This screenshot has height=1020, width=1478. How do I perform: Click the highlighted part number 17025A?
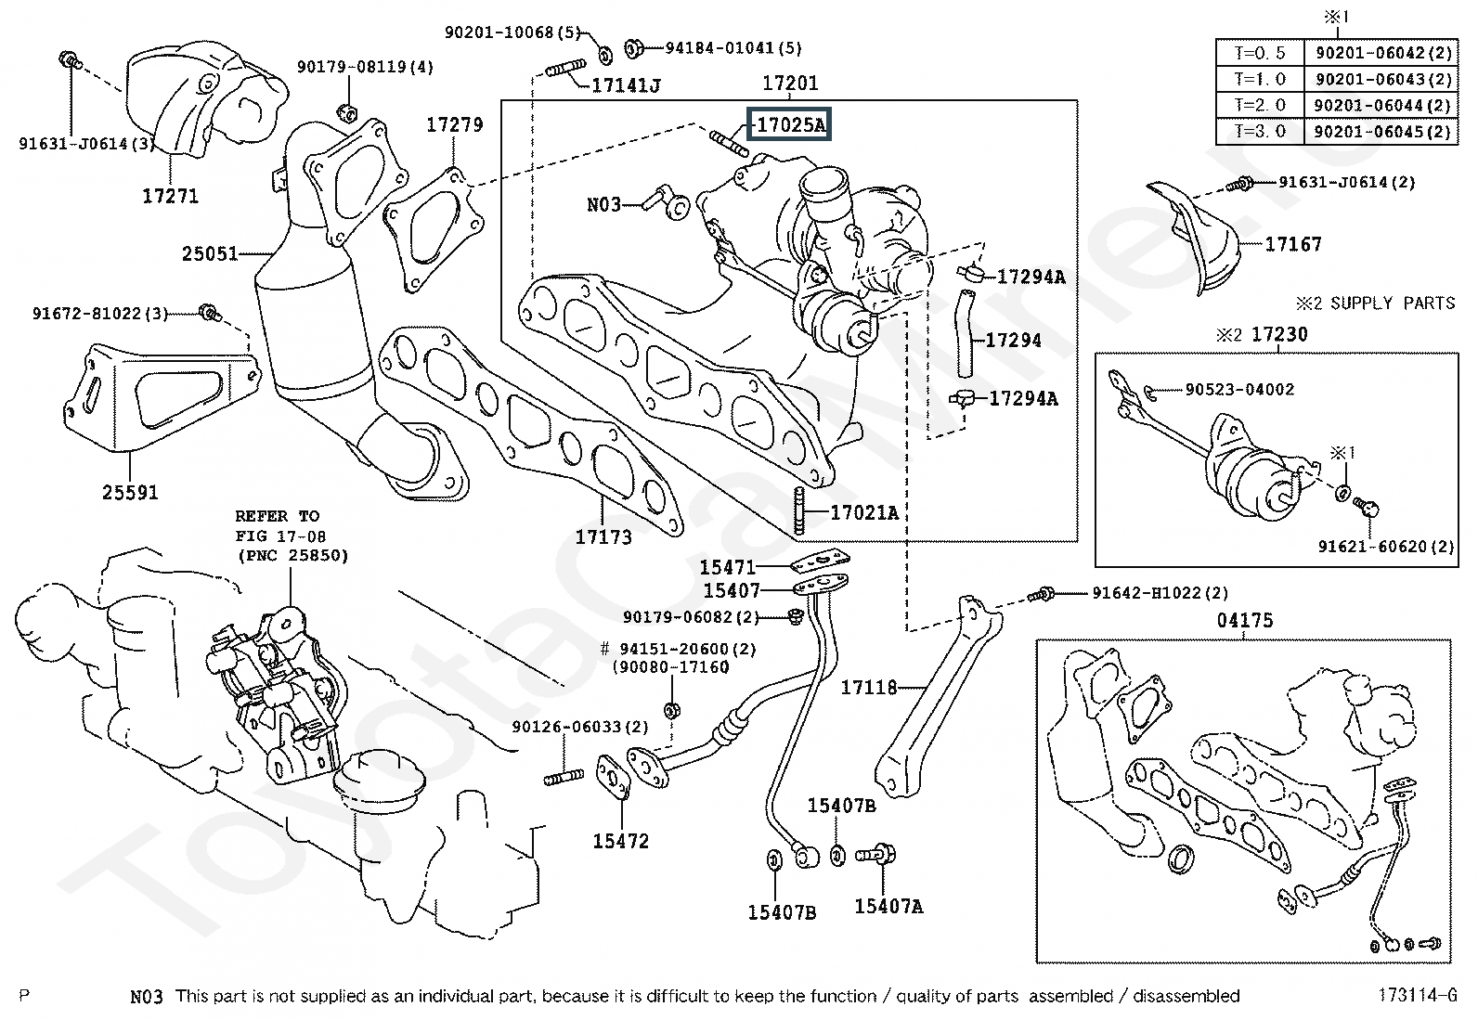[789, 124]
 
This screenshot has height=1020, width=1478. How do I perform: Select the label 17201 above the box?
[790, 84]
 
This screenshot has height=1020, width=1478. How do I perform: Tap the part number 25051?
[210, 253]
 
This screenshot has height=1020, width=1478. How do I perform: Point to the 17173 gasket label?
[603, 536]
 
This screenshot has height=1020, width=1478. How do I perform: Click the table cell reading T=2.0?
[1261, 105]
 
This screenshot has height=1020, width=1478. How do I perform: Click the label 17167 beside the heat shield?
[1293, 244]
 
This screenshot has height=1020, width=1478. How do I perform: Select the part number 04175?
[1245, 621]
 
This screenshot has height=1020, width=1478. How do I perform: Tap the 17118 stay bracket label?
[869, 688]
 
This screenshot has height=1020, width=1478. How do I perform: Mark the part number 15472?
[621, 842]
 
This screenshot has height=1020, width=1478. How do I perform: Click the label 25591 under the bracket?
[130, 493]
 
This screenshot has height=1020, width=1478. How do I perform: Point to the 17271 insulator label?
[170, 197]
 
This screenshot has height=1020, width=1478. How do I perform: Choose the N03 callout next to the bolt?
[603, 204]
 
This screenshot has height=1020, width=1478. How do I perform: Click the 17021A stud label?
[863, 513]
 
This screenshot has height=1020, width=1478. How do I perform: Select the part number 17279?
[455, 124]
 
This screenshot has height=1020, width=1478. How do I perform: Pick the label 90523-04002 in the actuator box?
[1239, 390]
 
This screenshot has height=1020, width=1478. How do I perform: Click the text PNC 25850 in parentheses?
[292, 556]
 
